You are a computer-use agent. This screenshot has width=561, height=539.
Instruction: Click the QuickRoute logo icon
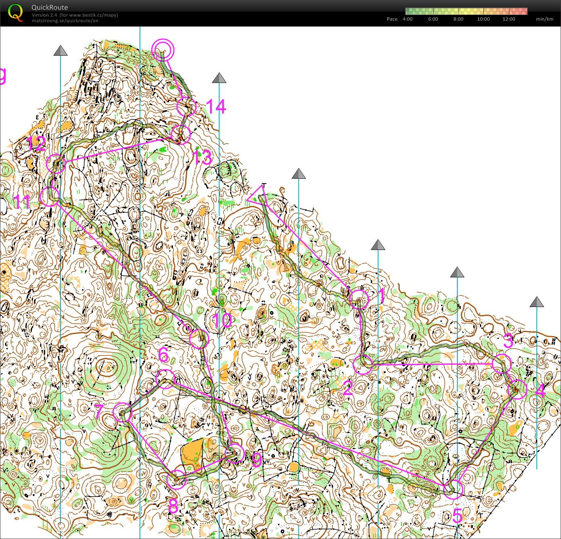tap(16, 12)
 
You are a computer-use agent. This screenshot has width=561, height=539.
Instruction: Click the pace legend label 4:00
tap(407, 19)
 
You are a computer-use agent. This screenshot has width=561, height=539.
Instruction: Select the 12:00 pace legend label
tap(509, 19)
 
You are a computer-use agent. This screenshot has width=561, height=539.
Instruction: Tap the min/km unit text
tap(544, 19)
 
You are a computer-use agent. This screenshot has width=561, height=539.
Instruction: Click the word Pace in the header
tap(392, 19)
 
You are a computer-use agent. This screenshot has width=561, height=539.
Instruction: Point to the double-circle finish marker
tap(163, 50)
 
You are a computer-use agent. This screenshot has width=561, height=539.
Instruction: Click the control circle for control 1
tap(359, 299)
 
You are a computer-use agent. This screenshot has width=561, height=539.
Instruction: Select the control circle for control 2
tap(363, 365)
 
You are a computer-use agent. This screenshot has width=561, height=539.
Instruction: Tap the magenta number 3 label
tap(508, 341)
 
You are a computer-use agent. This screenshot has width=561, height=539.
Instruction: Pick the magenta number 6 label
tap(163, 355)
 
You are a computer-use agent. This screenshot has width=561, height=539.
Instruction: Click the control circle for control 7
tap(123, 412)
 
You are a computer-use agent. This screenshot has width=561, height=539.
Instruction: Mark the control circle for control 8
tap(176, 479)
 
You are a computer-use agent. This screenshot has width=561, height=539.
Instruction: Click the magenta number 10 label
tap(222, 321)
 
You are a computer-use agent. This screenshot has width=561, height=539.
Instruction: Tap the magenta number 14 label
tap(215, 107)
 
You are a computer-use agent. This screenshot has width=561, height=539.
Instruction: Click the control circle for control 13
tap(180, 135)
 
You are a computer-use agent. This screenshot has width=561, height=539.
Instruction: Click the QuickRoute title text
tap(49, 7)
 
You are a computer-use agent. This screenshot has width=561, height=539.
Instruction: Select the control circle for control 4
tap(517, 389)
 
